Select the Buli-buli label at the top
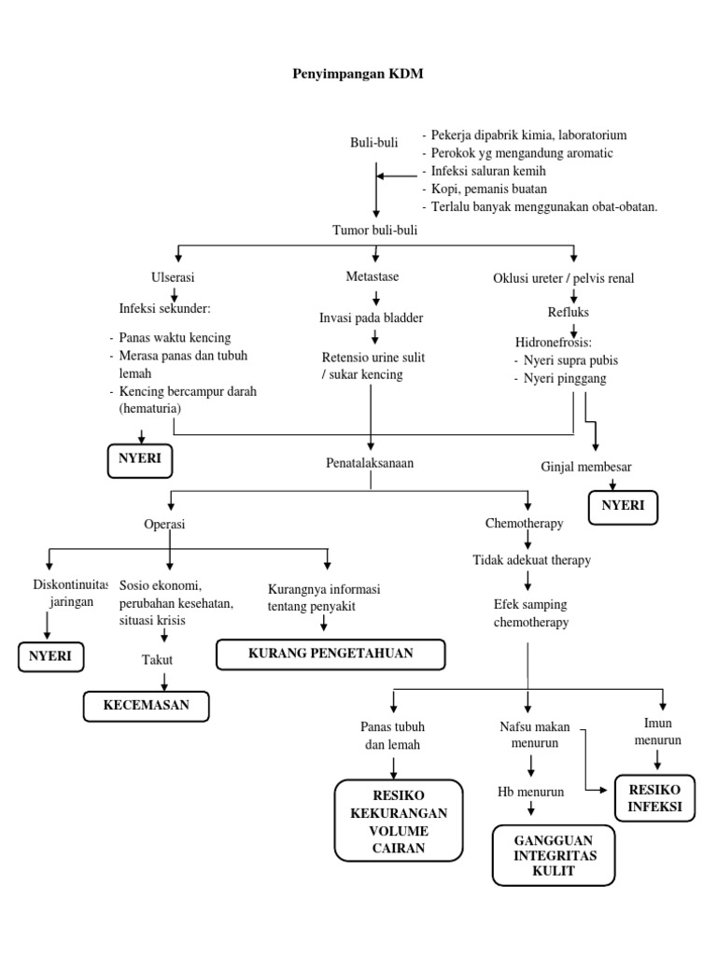click(367, 143)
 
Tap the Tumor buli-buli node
click(375, 229)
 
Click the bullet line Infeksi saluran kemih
click(487, 171)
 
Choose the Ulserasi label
click(174, 277)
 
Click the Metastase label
click(372, 277)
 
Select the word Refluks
click(568, 312)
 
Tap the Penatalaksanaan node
click(371, 462)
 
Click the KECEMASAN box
click(147, 705)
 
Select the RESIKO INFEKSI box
click(654, 797)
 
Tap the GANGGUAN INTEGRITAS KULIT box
click(554, 855)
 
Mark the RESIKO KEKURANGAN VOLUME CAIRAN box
click(398, 821)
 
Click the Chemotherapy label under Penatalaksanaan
click(524, 524)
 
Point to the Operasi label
click(164, 524)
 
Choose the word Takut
click(158, 659)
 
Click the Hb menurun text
click(529, 792)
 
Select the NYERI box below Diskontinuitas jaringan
click(50, 656)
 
